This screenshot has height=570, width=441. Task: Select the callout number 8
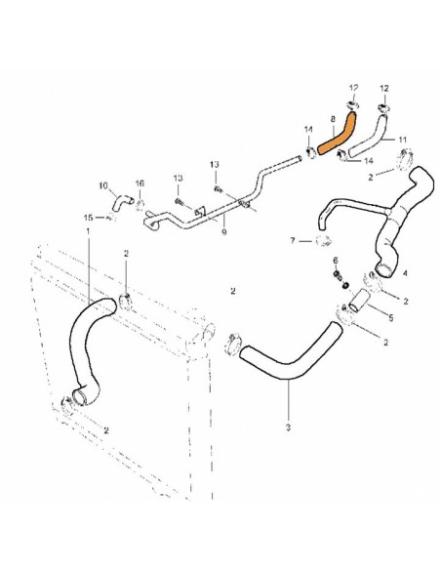333,119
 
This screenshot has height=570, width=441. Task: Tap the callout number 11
403,140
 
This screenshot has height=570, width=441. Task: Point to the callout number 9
224,231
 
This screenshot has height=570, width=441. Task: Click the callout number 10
103,185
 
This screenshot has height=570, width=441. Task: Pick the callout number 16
140,183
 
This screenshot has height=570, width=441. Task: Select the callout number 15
88,218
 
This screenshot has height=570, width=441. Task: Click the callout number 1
88,231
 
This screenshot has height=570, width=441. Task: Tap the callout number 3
288,427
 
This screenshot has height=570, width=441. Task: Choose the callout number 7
293,240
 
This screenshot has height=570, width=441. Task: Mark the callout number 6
336,261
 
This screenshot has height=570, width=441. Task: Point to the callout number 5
391,318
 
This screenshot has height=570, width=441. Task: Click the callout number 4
405,273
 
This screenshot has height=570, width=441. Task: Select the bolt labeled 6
338,275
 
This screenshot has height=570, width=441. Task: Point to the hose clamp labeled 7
323,240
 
